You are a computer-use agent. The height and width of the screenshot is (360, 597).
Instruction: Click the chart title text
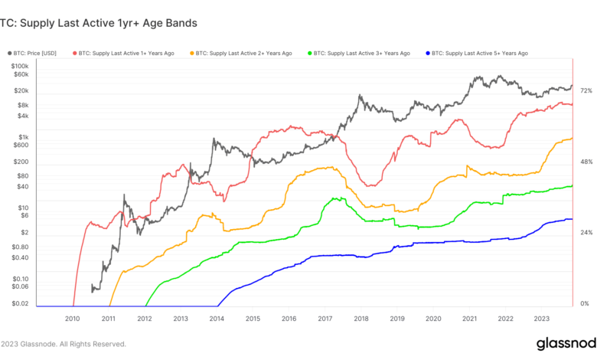pyautogui.click(x=99, y=23)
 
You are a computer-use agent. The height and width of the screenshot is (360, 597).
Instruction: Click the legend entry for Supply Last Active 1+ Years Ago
pyautogui.click(x=127, y=54)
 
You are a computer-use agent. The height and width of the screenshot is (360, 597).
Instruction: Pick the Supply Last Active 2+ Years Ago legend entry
pyautogui.click(x=245, y=54)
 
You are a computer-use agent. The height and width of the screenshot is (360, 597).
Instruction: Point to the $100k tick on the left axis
pyautogui.click(x=18, y=66)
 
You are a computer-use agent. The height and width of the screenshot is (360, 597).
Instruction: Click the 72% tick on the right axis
pyautogui.click(x=586, y=91)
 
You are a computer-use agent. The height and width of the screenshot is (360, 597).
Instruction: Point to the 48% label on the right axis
pyautogui.click(x=586, y=162)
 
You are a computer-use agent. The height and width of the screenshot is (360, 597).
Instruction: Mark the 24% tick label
pyautogui.click(x=586, y=233)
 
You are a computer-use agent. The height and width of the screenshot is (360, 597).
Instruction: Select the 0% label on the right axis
pyautogui.click(x=585, y=304)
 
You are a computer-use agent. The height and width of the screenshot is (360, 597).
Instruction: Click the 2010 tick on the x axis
pyautogui.click(x=72, y=318)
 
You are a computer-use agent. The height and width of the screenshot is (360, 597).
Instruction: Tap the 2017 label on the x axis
pyautogui.click(x=325, y=318)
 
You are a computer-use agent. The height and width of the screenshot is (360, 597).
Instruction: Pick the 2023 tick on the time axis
pyautogui.click(x=541, y=318)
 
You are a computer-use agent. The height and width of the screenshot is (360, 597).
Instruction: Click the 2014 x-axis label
pyautogui.click(x=217, y=318)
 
